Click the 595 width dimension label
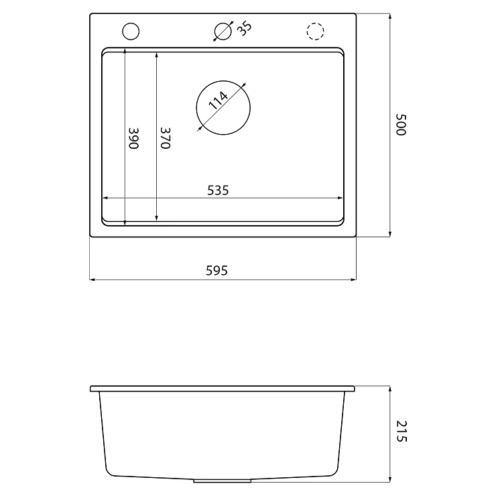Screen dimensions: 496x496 [x=216, y=271]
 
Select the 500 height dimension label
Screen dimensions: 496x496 [x=401, y=125]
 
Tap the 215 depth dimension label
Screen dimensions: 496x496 [x=401, y=431]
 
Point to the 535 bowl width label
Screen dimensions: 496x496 [x=218, y=190]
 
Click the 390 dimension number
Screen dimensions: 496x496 [x=133, y=138]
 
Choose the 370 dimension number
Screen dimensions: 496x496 [x=166, y=138]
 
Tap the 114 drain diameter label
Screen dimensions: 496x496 [x=219, y=101]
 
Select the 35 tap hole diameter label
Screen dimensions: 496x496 [x=245, y=28]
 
